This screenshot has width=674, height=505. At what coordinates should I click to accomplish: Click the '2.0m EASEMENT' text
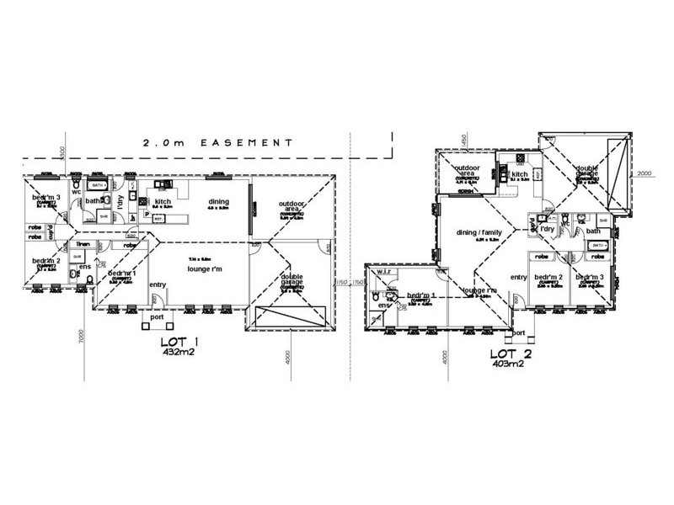pyautogui.click(x=217, y=143)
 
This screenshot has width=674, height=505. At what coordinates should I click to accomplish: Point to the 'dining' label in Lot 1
pyautogui.click(x=219, y=201)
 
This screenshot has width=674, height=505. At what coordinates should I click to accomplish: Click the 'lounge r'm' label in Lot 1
pyautogui.click(x=205, y=269)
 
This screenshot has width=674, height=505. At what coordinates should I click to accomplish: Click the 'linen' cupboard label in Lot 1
pyautogui.click(x=83, y=243)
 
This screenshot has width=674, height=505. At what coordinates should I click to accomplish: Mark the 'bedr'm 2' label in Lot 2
pyautogui.click(x=548, y=277)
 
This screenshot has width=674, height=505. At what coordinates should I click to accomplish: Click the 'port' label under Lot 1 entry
pyautogui.click(x=156, y=318)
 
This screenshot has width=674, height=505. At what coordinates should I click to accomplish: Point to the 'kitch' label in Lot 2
pyautogui.click(x=519, y=174)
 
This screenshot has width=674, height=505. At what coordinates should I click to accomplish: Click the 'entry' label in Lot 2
pyautogui.click(x=519, y=277)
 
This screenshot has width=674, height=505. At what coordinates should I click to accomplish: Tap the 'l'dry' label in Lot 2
pyautogui.click(x=547, y=229)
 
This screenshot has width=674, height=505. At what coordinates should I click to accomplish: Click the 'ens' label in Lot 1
pyautogui.click(x=84, y=268)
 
